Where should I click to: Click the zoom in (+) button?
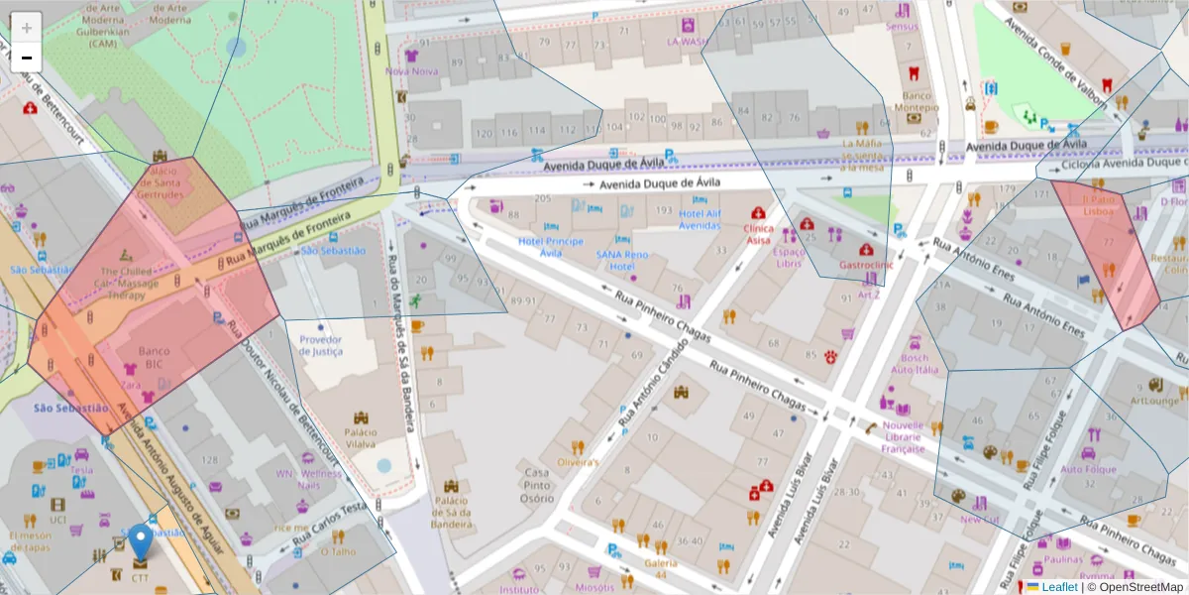27,27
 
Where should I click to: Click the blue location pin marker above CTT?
141,541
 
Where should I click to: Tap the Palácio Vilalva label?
360,438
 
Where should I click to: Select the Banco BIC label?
154,357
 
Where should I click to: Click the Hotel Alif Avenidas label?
700,219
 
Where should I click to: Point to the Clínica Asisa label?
758,234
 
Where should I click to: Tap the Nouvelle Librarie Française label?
903,437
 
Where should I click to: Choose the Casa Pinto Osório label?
537,486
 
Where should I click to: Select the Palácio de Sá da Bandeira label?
451,513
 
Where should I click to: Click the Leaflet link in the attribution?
1059,587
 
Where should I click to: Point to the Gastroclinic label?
866,265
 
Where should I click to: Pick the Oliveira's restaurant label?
578,462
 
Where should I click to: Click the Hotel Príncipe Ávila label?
551,247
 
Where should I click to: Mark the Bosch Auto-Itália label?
915,363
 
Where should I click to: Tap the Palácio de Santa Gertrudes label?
161,182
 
